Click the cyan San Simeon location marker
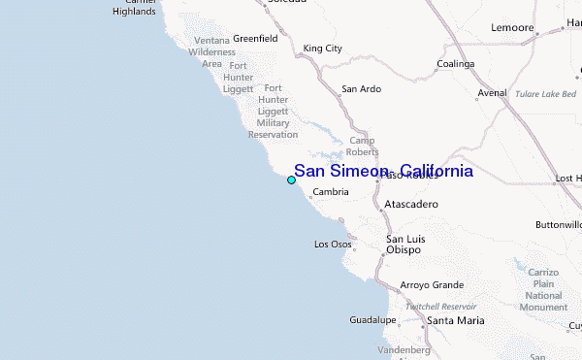click(291, 180)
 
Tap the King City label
click(323, 48)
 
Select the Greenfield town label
click(255, 39)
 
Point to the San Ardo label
click(361, 88)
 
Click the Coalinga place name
click(455, 63)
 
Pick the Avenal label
click(492, 94)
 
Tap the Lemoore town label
click(513, 28)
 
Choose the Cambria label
click(331, 192)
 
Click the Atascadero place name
click(411, 205)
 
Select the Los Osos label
click(333, 244)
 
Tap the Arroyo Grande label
click(432, 285)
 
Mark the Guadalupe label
click(372, 319)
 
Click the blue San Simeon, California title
click(384, 171)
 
